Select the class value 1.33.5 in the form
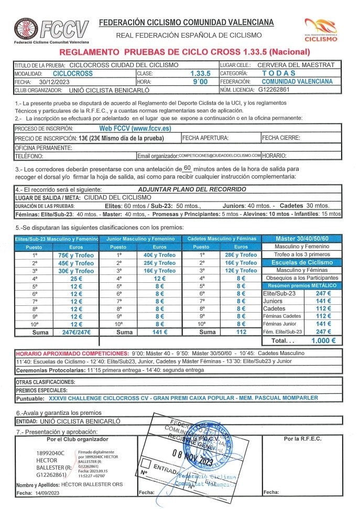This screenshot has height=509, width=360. coord(201,74)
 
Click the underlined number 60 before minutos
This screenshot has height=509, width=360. coord(189,169)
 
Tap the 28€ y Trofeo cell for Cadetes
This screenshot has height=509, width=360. coord(241,255)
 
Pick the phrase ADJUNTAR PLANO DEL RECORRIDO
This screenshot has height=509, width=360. coord(192,190)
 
